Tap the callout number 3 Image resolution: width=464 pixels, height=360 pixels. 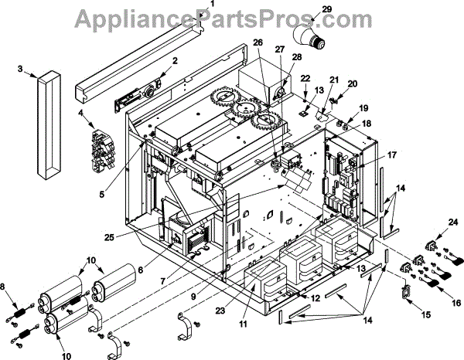[20, 69]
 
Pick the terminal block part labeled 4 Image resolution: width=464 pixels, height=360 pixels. [105, 142]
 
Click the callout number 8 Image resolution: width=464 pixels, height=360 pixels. [9, 288]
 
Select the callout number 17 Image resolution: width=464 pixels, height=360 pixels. [392, 155]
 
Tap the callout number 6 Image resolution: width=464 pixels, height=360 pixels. [141, 270]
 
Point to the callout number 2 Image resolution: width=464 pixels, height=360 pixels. [176, 60]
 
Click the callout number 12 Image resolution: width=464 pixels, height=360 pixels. [316, 298]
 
